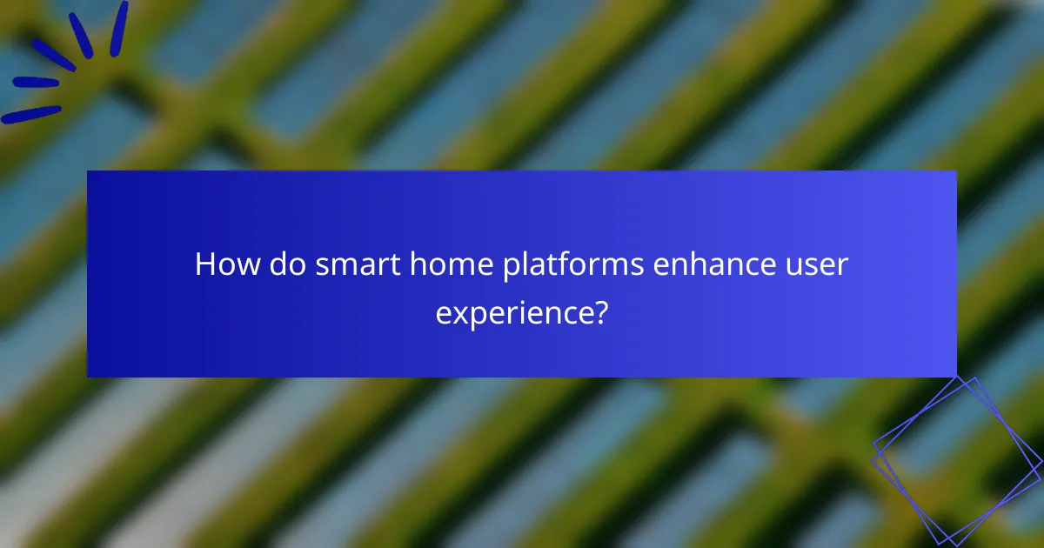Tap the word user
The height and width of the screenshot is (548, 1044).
[x=817, y=264]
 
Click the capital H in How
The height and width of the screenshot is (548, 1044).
[x=204, y=264]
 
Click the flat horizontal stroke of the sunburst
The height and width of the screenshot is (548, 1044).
[x=35, y=83]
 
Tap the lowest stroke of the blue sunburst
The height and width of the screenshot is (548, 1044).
[x=31, y=114]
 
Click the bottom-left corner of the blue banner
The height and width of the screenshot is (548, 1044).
[x=88, y=377]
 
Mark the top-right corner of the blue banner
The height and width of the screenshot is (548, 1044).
[x=956, y=171]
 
